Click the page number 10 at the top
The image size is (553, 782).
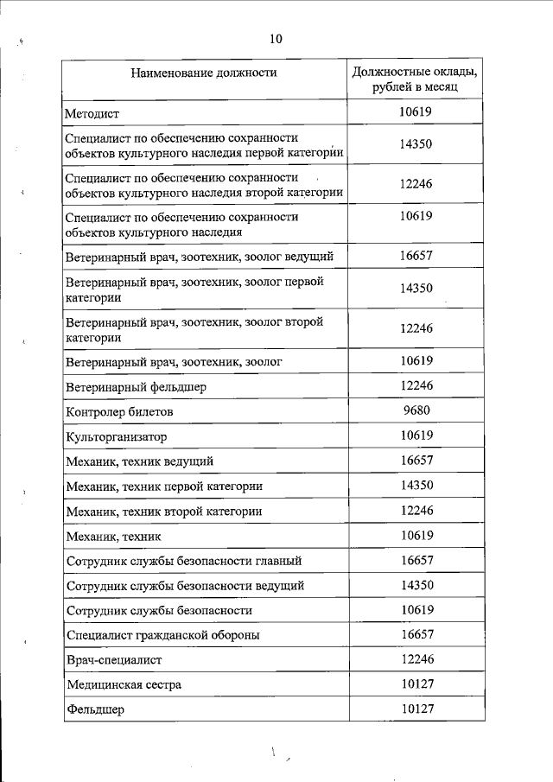click(x=276, y=39)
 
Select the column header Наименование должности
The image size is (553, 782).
click(x=204, y=73)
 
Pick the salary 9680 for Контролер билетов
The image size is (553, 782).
click(x=416, y=410)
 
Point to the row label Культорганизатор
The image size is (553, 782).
click(x=116, y=437)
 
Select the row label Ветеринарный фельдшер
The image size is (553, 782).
click(x=137, y=387)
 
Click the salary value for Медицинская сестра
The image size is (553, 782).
click(x=416, y=684)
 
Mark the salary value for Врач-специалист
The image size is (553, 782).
click(x=416, y=659)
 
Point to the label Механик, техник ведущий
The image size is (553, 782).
click(x=139, y=462)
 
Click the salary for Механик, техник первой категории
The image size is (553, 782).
click(x=416, y=486)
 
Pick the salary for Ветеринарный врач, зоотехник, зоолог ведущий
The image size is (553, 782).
click(x=416, y=256)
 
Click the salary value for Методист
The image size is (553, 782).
click(x=416, y=112)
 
